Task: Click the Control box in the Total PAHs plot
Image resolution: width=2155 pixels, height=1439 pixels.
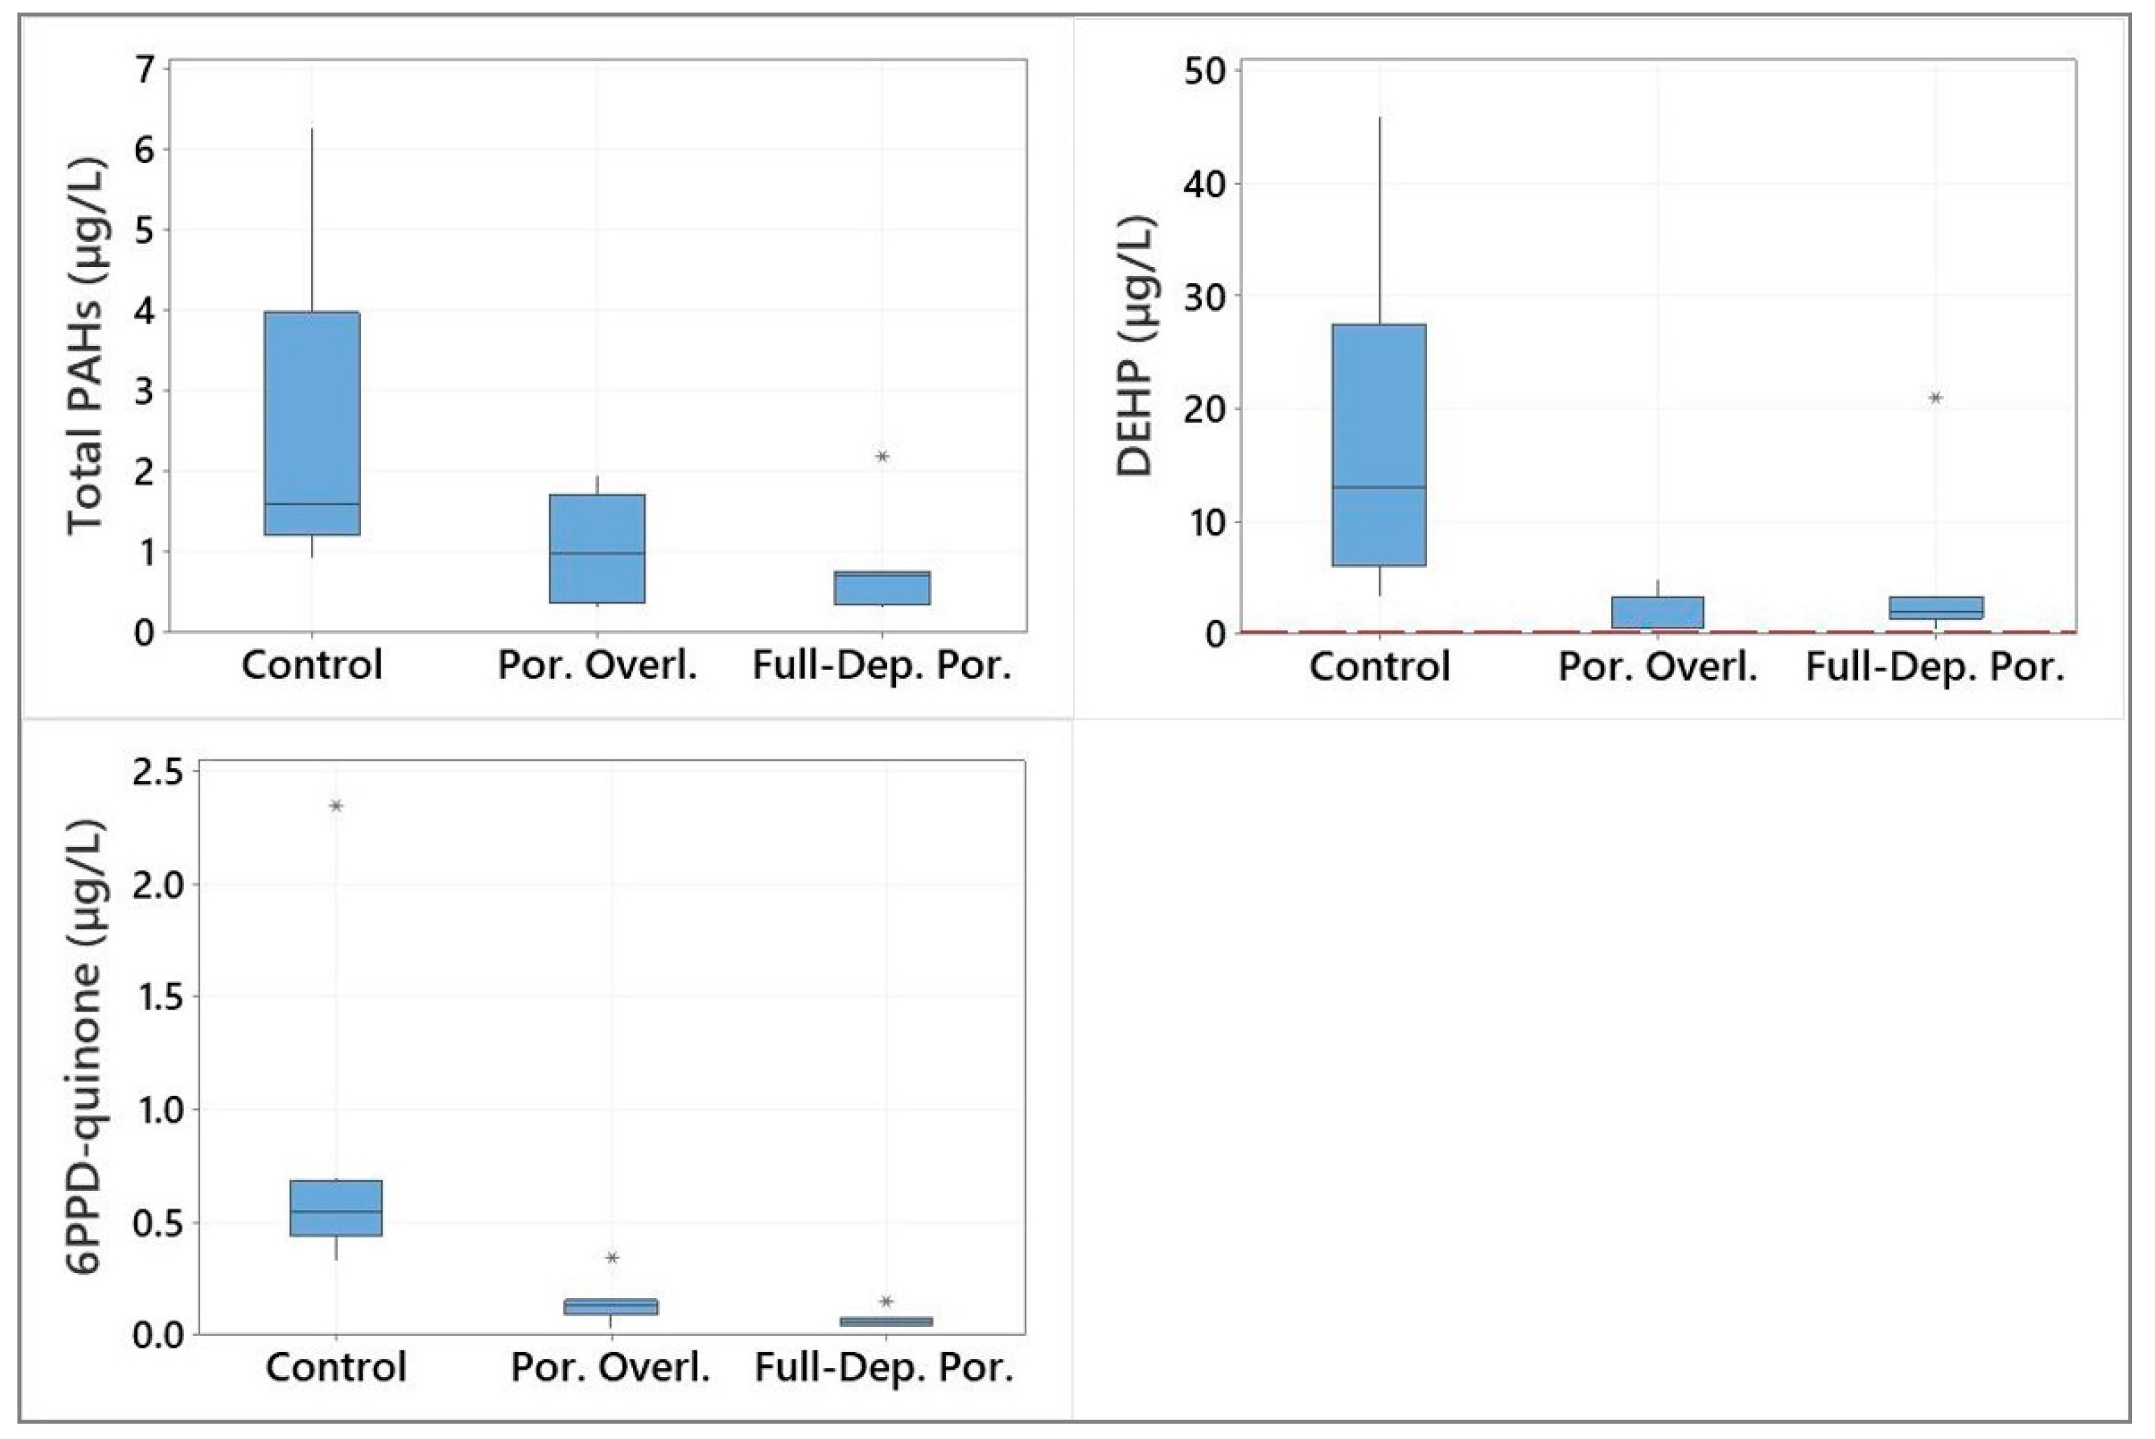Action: pos(312,422)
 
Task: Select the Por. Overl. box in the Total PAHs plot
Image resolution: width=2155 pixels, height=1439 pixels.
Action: pos(597,549)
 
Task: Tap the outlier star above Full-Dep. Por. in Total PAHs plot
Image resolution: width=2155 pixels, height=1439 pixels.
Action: pos(882,456)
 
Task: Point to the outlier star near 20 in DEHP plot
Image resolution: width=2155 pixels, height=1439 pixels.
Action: pos(1935,397)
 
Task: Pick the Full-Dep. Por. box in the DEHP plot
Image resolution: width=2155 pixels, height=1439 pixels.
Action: pos(1935,607)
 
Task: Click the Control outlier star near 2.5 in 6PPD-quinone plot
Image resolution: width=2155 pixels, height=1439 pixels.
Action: pos(336,806)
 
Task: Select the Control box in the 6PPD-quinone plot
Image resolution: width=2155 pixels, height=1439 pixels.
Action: pos(336,1208)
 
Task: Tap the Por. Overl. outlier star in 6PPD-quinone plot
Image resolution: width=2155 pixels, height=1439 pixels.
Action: pos(612,1257)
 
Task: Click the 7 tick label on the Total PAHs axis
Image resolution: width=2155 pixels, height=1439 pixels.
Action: pos(145,70)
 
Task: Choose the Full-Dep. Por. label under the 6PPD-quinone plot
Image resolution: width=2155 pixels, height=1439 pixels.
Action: pos(884,1367)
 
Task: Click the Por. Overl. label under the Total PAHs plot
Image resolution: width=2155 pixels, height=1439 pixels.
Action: pos(597,665)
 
